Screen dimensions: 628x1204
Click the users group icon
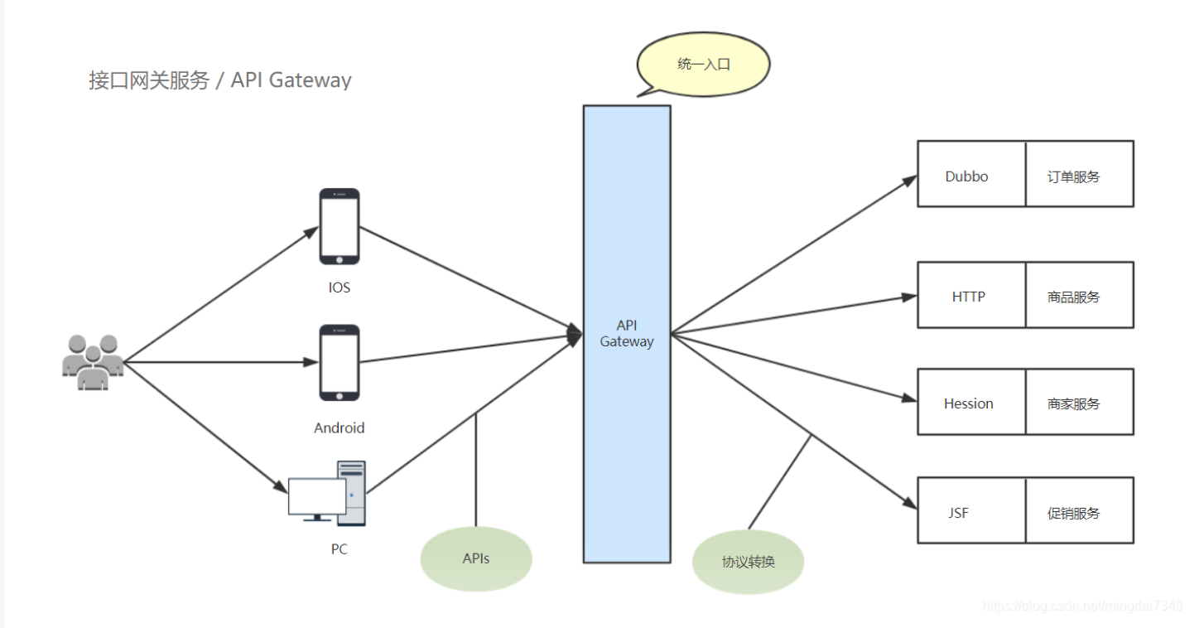93,362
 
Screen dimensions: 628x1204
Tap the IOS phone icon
340,226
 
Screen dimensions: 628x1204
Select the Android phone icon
340,362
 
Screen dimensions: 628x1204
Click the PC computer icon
327,493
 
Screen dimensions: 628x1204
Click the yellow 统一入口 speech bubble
704,65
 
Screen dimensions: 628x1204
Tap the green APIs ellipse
476,558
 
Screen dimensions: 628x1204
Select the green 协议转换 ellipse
749,562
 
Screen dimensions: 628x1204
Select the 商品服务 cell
1079,295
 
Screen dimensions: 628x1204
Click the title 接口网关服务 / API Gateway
220,80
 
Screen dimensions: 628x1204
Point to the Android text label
340,428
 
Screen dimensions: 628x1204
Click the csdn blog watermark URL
1083,606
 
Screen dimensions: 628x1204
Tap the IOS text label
340,288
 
